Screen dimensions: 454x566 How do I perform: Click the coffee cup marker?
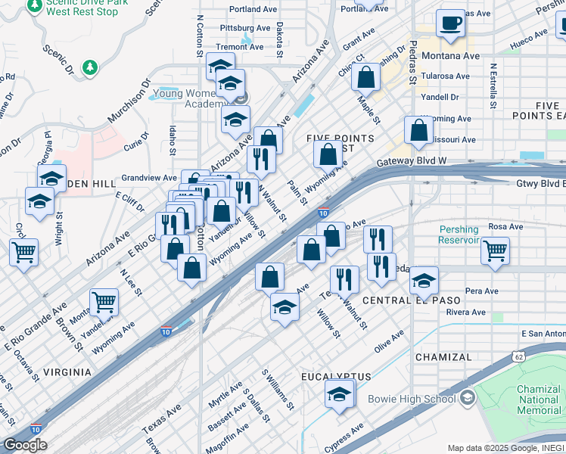click(x=452, y=23)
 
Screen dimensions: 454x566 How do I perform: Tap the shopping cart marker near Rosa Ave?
click(x=495, y=250)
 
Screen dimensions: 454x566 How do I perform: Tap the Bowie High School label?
click(x=412, y=399)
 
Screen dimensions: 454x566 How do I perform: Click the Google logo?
click(x=25, y=445)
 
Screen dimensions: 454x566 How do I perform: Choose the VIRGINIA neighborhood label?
click(x=67, y=372)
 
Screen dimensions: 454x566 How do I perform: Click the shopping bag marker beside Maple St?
click(x=366, y=77)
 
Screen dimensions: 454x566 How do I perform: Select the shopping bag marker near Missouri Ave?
click(x=418, y=130)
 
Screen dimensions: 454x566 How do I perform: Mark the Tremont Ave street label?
click(x=240, y=47)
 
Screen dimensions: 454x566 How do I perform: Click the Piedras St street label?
click(x=414, y=63)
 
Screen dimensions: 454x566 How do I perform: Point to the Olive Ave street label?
click(x=389, y=342)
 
